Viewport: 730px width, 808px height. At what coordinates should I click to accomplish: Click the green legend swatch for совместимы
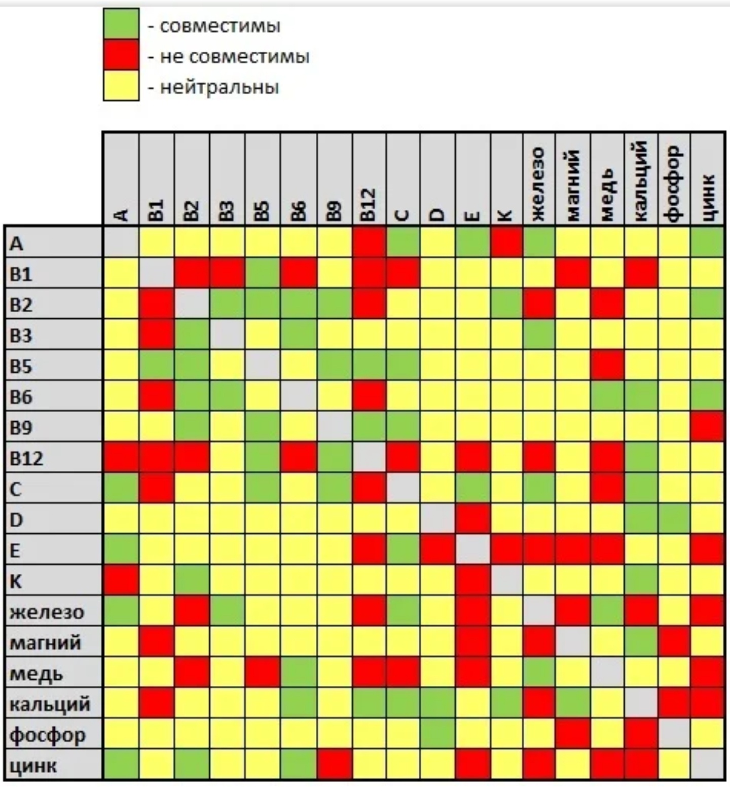click(x=121, y=23)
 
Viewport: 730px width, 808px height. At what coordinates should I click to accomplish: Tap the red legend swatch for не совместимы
click(x=121, y=55)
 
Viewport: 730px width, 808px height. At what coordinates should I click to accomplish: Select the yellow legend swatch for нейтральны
click(x=121, y=85)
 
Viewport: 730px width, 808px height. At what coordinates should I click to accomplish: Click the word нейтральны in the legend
click(x=219, y=88)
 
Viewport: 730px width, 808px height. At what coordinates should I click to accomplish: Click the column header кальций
click(x=641, y=181)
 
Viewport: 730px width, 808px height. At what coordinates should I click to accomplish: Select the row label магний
click(x=46, y=642)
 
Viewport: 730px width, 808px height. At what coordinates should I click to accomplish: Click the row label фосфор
click(x=48, y=734)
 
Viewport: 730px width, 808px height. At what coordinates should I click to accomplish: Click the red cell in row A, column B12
click(x=369, y=242)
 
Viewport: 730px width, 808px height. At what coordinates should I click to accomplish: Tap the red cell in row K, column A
click(x=121, y=580)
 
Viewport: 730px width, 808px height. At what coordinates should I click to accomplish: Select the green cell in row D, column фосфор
click(x=674, y=519)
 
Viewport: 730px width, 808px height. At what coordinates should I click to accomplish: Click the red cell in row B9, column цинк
click(x=708, y=426)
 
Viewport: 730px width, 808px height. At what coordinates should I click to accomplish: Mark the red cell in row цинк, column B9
click(x=334, y=764)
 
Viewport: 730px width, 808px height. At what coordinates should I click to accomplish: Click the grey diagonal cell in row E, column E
click(x=472, y=549)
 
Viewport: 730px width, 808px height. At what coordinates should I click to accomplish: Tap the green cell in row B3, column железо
click(x=538, y=334)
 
